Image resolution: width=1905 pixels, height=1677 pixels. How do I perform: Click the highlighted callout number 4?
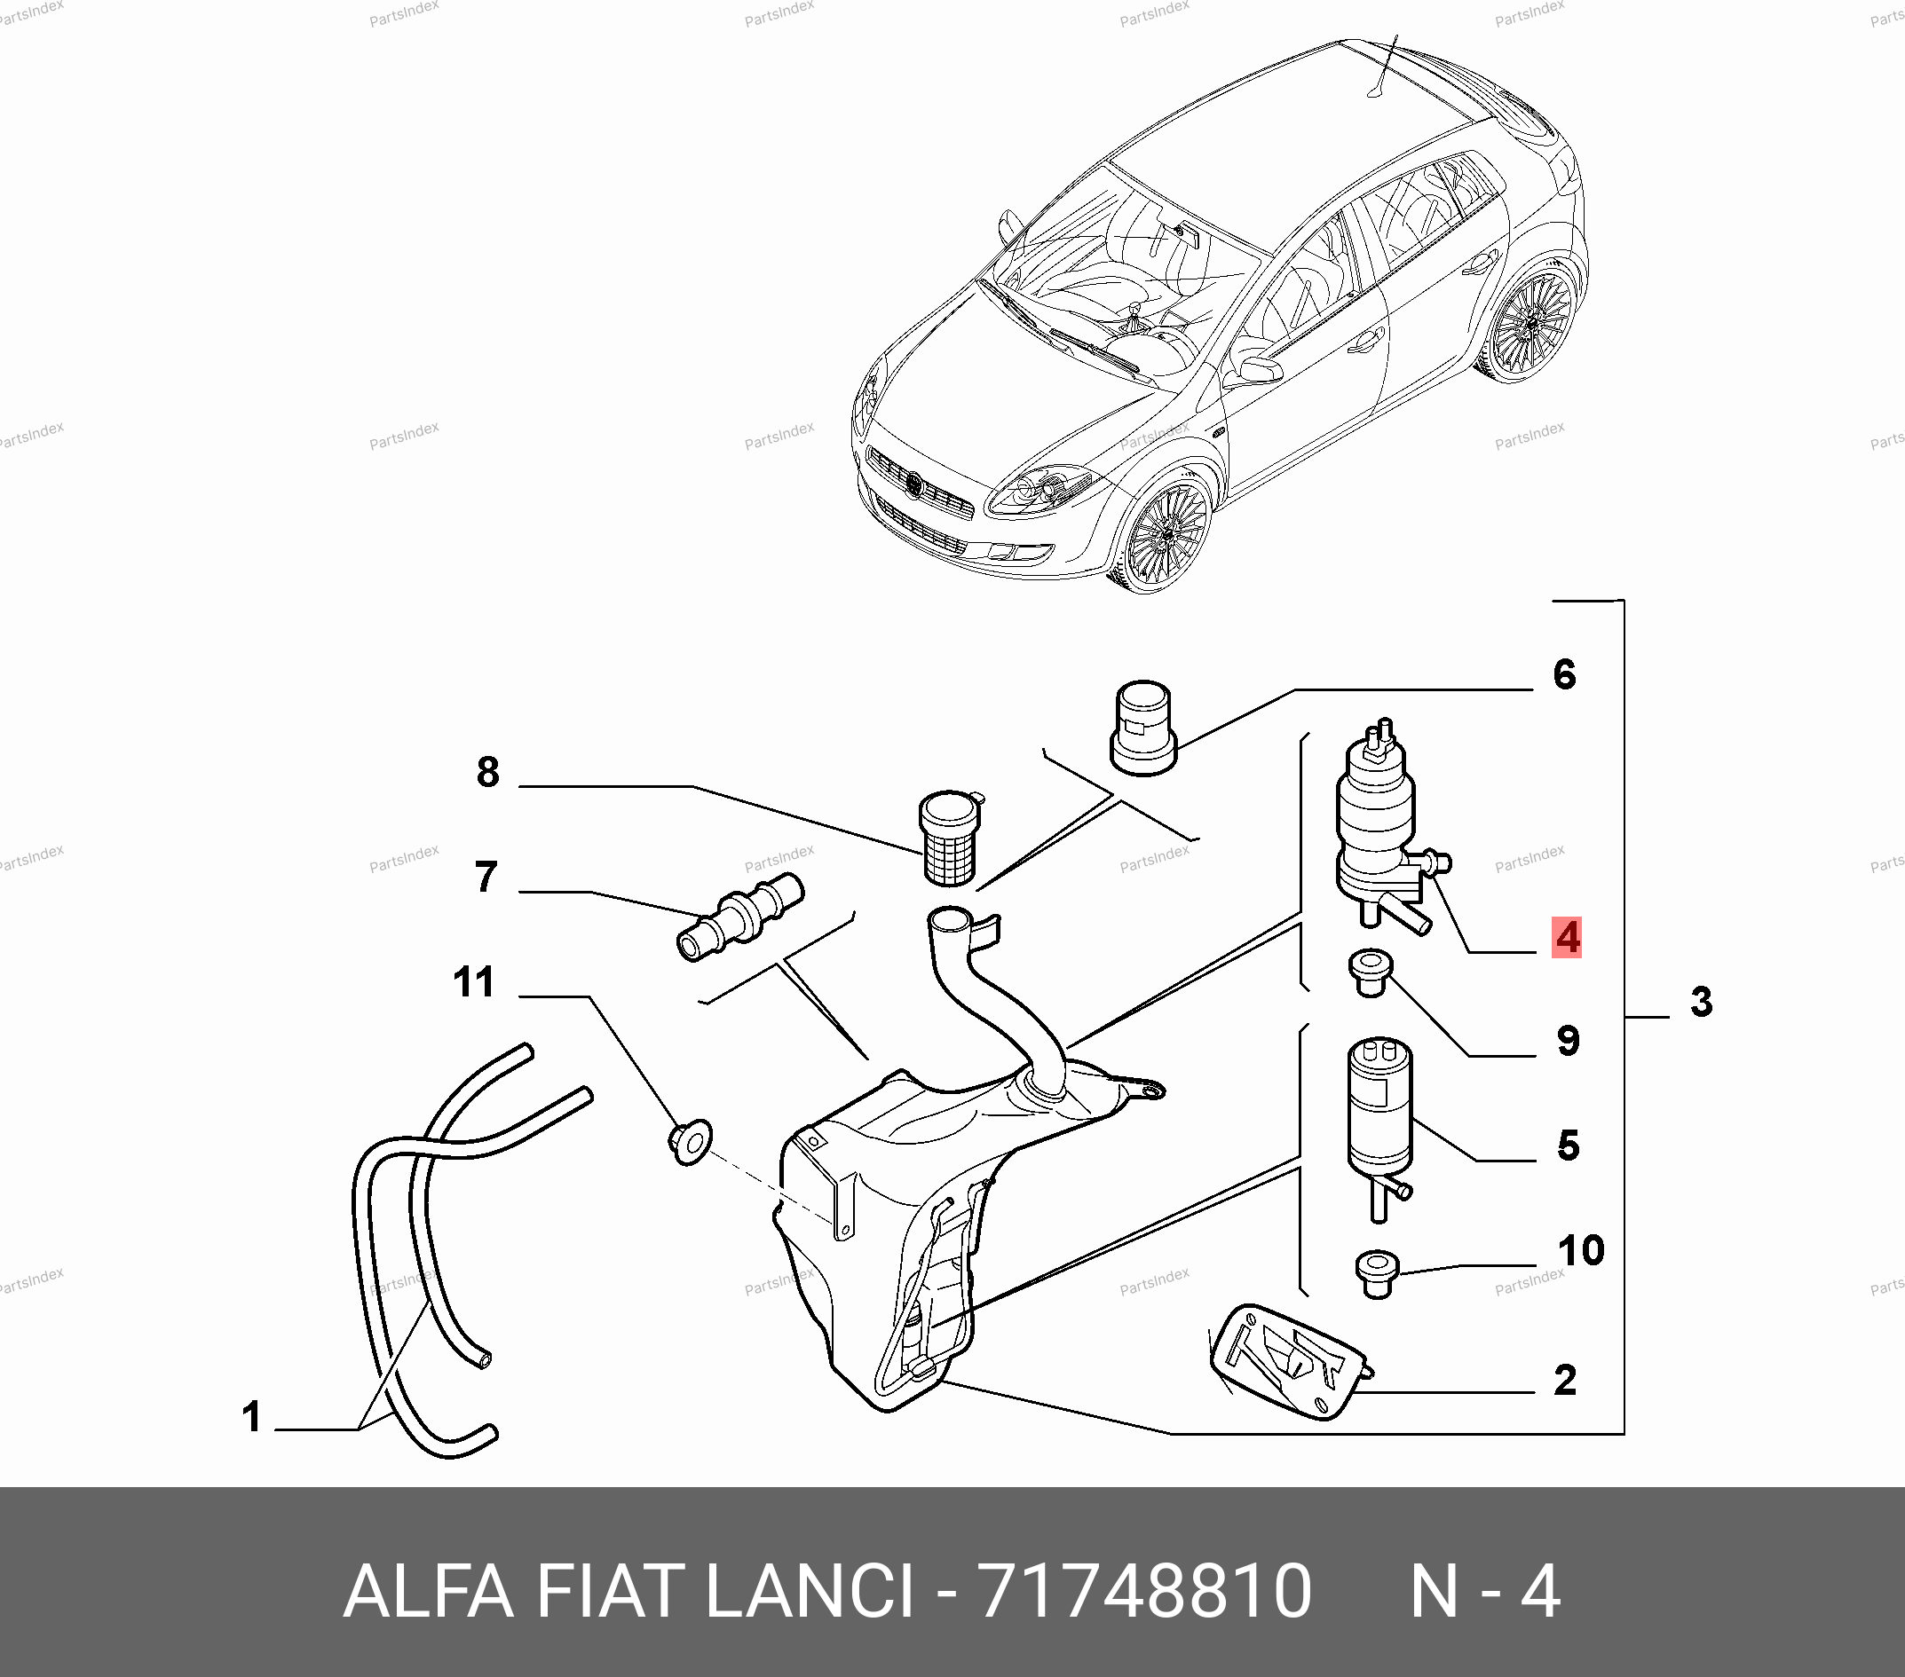(x=1567, y=937)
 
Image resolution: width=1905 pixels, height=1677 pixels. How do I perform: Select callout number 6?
(x=1565, y=674)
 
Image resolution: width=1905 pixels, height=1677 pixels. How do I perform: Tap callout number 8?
(x=487, y=771)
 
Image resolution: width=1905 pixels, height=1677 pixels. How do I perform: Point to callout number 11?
(x=473, y=982)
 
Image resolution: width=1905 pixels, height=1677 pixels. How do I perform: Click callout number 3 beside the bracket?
(x=1702, y=1002)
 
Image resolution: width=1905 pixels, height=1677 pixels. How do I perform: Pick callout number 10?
(x=1582, y=1250)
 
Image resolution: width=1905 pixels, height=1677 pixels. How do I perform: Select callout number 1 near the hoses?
(x=251, y=1416)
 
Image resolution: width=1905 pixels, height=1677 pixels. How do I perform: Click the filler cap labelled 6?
(x=1143, y=727)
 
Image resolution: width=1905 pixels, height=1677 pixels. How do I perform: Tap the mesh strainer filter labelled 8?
(x=950, y=838)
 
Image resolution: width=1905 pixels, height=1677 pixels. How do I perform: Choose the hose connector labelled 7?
(x=739, y=916)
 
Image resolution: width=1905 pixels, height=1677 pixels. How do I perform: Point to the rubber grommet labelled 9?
(x=1369, y=972)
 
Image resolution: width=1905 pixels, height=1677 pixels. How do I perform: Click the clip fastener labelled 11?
(x=690, y=1142)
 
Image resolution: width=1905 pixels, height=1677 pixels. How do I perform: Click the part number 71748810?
(x=1144, y=1592)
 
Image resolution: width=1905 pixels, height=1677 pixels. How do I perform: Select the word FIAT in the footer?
(x=610, y=1591)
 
